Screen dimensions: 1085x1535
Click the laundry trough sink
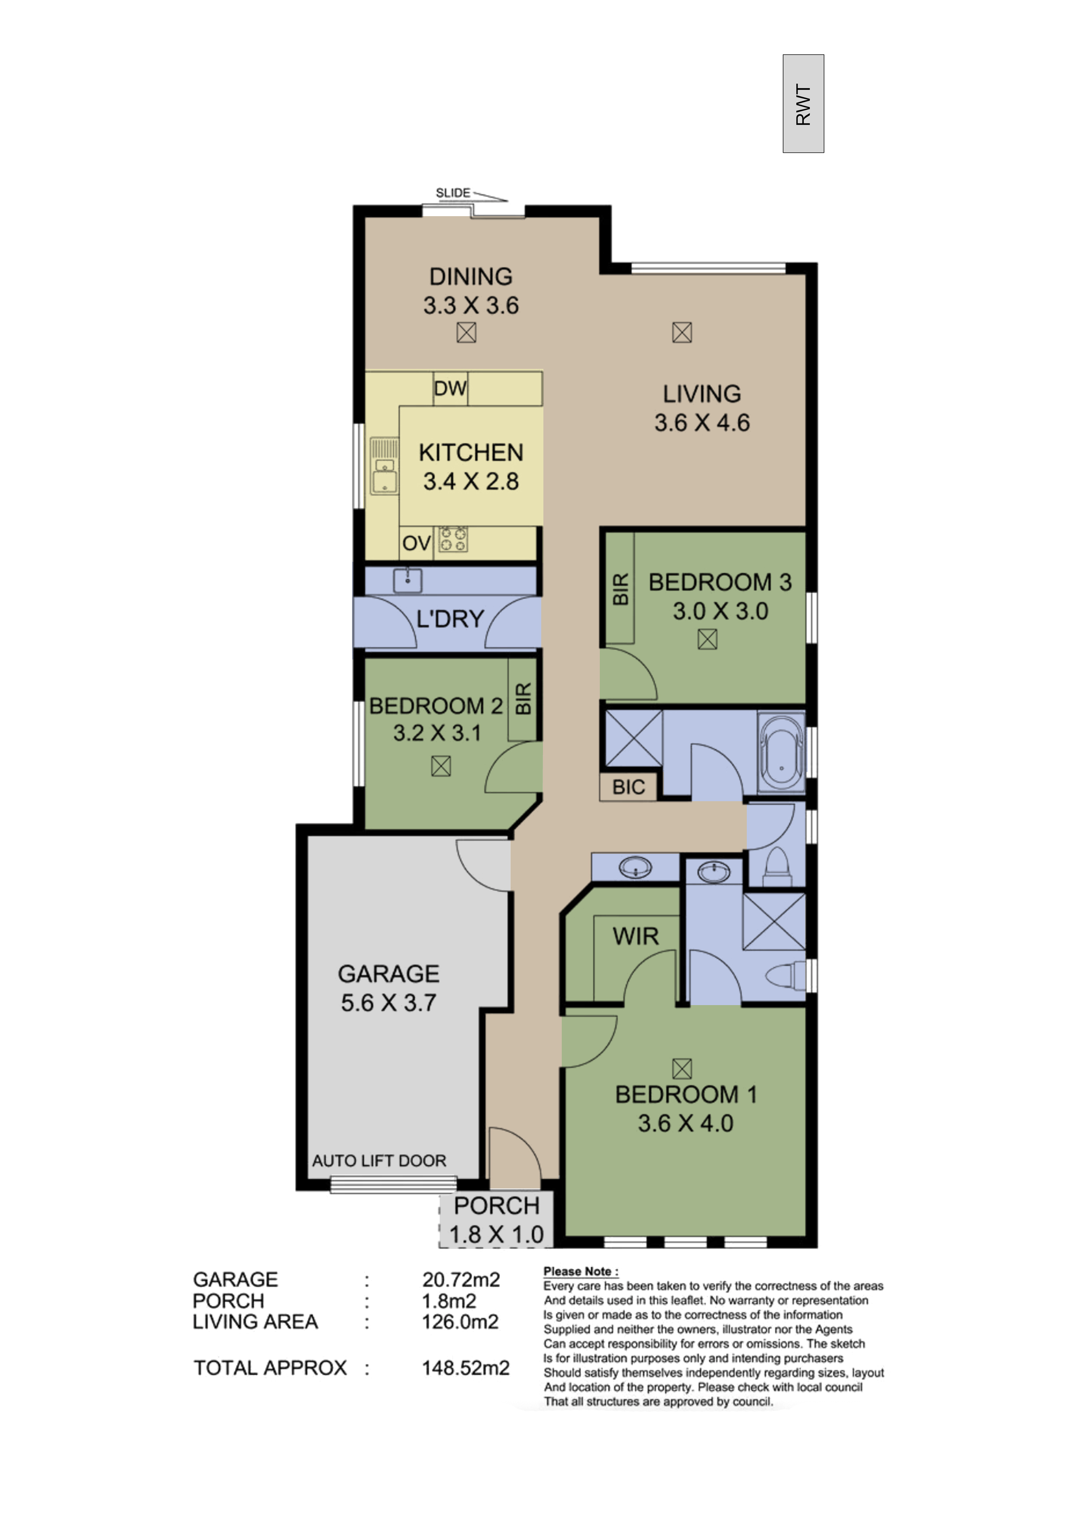[x=407, y=580]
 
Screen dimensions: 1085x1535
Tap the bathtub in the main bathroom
[x=781, y=754]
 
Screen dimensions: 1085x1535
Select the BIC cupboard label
[x=628, y=787]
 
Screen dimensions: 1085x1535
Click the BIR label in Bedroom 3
[x=620, y=589]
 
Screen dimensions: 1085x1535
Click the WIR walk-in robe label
[x=635, y=936]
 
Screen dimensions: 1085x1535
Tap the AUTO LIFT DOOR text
[x=379, y=1160]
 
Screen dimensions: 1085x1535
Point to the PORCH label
[x=496, y=1206]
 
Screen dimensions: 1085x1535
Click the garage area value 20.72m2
[x=461, y=1279]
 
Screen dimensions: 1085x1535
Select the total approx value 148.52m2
[x=465, y=1368]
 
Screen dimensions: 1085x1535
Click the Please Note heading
[x=581, y=1272]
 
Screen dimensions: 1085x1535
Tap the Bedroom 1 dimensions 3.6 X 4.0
[x=685, y=1123]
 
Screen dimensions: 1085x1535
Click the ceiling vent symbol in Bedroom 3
[x=707, y=640]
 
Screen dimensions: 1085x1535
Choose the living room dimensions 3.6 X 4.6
[x=702, y=423]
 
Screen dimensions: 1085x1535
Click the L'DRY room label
[x=450, y=619]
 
